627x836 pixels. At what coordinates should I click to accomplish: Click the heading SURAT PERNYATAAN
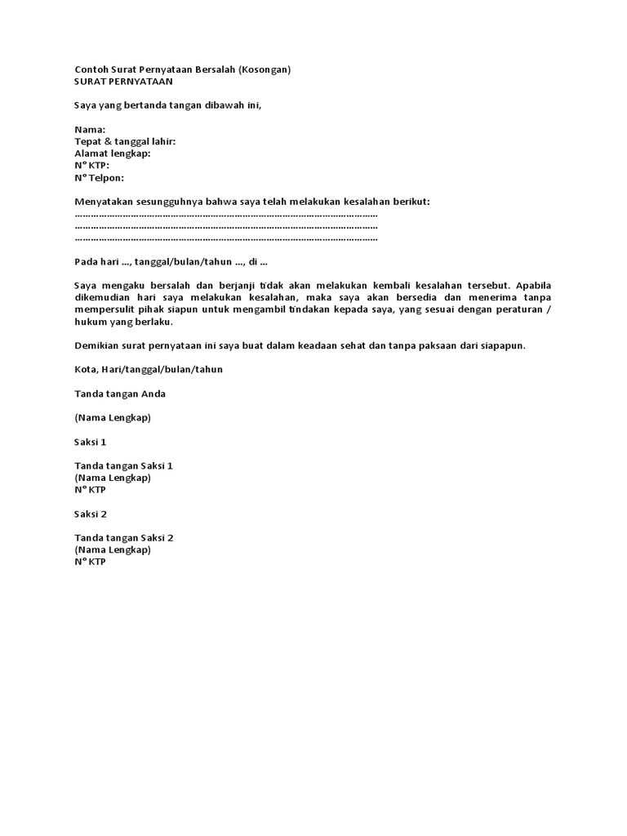[x=123, y=82]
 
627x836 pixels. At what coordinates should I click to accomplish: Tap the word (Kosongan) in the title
[x=265, y=69]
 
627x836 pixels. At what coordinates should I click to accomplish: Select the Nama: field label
[x=90, y=130]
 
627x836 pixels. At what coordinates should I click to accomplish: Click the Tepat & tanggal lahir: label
[x=125, y=141]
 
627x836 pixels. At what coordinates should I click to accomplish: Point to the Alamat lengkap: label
[x=112, y=153]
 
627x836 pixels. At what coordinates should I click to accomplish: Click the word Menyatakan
[x=103, y=201]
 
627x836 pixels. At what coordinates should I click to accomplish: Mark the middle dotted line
[x=226, y=226]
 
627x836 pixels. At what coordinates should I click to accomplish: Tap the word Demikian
[x=96, y=345]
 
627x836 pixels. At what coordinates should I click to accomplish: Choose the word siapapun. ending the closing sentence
[x=500, y=345]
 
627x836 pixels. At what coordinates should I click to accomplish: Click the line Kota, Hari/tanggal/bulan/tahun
[x=148, y=369]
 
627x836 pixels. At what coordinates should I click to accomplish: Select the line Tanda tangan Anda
[x=120, y=394]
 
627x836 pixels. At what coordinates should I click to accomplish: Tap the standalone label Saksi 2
[x=91, y=514]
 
